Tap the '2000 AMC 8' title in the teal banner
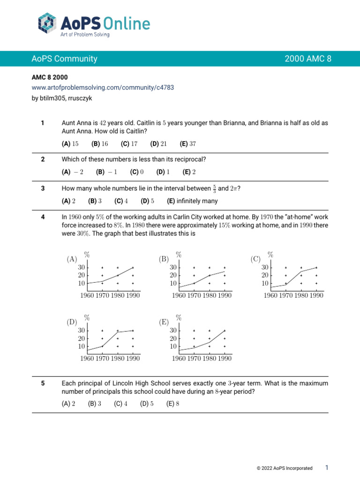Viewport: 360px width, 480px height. coord(308,59)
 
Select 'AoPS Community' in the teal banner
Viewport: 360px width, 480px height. coord(65,59)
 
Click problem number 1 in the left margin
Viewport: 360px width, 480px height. coord(43,123)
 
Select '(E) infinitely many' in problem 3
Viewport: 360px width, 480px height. coord(192,201)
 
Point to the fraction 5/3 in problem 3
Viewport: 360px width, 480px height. coord(215,189)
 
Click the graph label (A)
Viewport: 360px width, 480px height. coord(72,259)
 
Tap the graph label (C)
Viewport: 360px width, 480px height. coord(255,259)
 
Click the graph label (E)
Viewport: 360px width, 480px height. coord(164,322)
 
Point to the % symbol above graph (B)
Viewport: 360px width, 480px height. coord(179,255)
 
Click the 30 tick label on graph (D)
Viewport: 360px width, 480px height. coord(81,330)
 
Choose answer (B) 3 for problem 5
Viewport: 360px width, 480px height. coord(95,403)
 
